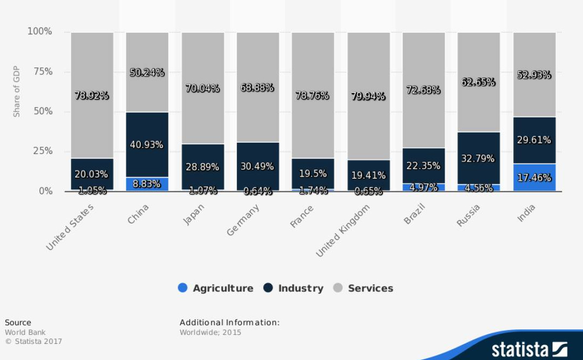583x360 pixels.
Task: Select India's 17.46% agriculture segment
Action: (534, 178)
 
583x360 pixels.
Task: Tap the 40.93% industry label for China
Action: (147, 145)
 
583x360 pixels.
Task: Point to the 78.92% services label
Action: (92, 95)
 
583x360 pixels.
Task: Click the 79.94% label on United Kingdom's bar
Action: (368, 96)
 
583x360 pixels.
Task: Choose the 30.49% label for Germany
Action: (257, 166)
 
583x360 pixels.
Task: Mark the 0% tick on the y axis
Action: (45, 191)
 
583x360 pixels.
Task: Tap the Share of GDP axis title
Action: (16, 91)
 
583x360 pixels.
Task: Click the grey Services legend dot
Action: (338, 288)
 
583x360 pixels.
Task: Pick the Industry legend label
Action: (301, 288)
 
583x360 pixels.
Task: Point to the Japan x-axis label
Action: (194, 215)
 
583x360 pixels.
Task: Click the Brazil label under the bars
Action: (414, 214)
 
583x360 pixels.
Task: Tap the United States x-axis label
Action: (70, 227)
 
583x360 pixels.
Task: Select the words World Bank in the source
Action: (25, 332)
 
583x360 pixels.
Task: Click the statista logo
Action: (529, 349)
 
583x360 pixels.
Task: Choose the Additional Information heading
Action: (229, 322)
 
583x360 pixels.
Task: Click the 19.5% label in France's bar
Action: (312, 173)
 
